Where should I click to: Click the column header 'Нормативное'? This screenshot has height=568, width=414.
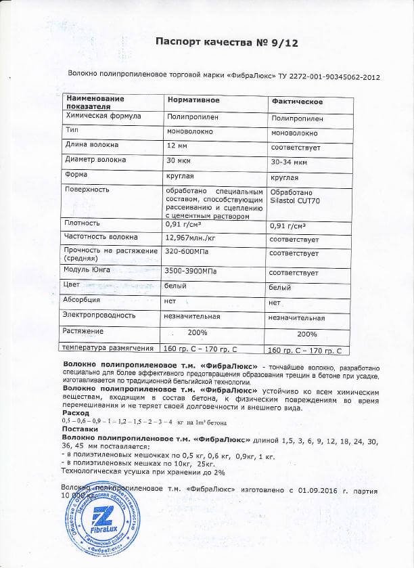click(193, 100)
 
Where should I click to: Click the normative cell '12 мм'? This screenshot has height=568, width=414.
click(177, 145)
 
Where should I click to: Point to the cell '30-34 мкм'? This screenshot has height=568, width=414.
click(289, 162)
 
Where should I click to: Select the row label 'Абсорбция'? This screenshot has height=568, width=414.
click(82, 299)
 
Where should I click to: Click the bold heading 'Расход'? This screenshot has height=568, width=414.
click(75, 412)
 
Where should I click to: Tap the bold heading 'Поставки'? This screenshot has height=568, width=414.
click(78, 429)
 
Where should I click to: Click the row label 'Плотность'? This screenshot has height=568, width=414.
click(82, 223)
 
